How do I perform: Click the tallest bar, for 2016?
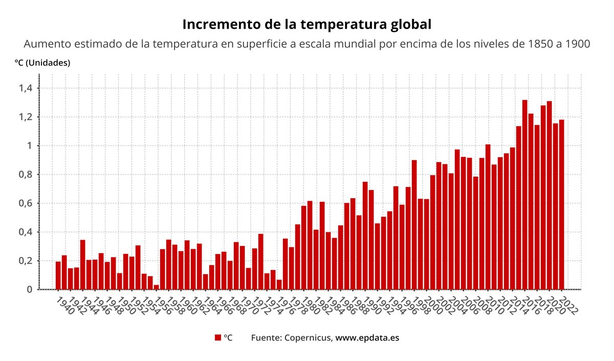524,195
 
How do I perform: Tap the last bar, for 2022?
561,204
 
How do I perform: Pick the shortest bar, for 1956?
156,287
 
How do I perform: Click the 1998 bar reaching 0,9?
414,225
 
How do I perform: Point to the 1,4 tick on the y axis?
25,89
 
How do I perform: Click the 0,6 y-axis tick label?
25,203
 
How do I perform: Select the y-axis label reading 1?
30,146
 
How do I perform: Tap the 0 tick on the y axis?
30,289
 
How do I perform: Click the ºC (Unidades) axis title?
42,63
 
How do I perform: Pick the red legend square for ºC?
217,338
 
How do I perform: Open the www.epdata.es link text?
367,338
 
